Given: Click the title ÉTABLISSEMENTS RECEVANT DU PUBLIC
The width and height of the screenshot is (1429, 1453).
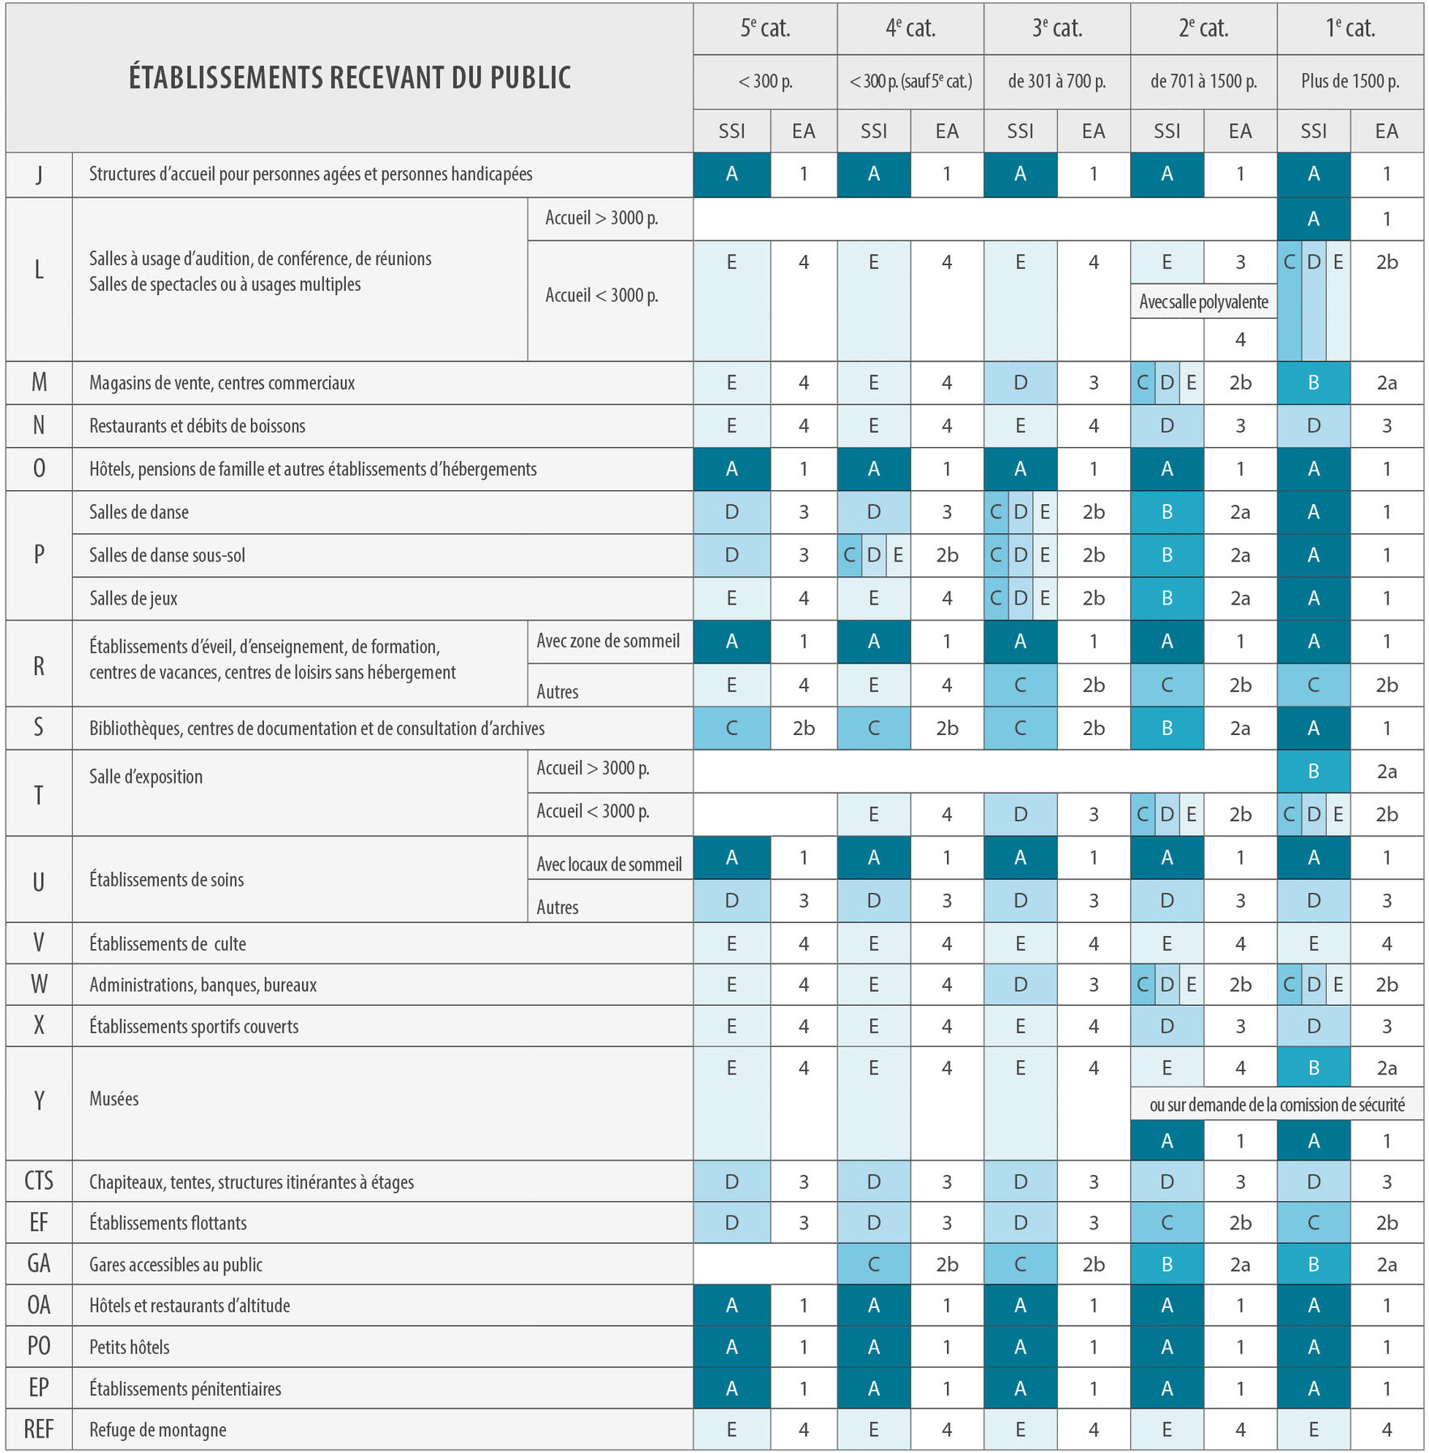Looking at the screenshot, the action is point(350,78).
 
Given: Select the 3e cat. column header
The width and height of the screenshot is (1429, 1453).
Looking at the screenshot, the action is point(1057,29).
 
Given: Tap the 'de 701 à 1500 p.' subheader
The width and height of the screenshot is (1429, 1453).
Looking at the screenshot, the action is point(1204,81).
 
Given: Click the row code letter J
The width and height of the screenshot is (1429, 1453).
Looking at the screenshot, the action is point(39,174).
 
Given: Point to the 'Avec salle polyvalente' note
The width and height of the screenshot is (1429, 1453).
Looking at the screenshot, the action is point(1204,302).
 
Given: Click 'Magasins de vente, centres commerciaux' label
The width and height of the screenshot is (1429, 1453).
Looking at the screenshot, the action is point(222,383).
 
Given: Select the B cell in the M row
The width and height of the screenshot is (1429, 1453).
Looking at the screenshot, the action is point(1314,382).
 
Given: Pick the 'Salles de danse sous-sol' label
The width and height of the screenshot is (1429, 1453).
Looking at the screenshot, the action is point(167,555).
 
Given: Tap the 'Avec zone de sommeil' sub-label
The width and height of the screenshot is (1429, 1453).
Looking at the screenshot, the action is point(608,641).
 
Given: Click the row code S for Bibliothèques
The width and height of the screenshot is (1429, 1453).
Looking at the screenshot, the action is point(39,728).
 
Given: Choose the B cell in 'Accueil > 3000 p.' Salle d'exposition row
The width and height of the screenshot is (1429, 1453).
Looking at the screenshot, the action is point(1314,771).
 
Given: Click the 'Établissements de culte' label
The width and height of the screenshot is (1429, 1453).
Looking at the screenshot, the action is point(168,943).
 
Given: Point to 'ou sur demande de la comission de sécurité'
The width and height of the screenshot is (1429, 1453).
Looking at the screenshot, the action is point(1278,1105).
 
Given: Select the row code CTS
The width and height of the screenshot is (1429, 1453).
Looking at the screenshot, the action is point(39,1181).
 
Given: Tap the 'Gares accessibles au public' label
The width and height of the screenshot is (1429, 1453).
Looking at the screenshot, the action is point(176,1264).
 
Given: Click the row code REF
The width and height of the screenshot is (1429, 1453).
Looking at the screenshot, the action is point(39,1429).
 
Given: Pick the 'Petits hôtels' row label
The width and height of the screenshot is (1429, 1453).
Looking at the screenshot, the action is point(130,1347).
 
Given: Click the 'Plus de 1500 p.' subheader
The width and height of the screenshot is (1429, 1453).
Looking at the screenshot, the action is point(1350,81).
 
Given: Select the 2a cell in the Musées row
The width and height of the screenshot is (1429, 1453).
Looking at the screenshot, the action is point(1387,1068).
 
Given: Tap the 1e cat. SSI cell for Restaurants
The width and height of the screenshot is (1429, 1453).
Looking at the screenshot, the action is point(1314,425).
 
